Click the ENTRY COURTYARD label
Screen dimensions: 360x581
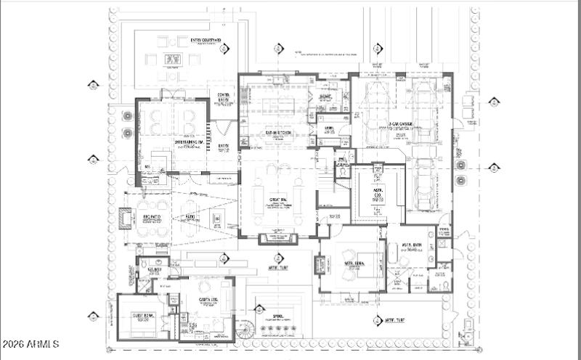206,41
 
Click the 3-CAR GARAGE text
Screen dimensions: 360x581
399,124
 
